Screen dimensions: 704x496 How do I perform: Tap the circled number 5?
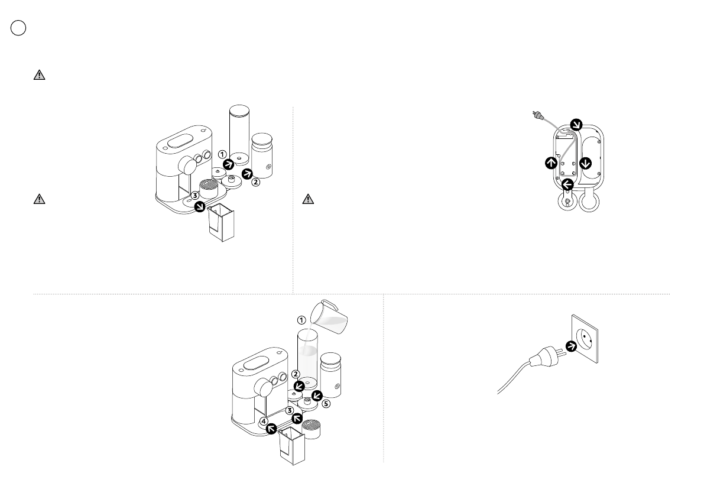click(326, 405)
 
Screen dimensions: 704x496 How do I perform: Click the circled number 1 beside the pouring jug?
click(301, 320)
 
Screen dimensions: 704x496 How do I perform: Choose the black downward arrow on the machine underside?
click(586, 163)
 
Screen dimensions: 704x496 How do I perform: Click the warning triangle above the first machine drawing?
click(38, 75)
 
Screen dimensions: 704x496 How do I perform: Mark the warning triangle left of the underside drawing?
click(307, 199)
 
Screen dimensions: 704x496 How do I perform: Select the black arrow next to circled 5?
click(316, 394)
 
